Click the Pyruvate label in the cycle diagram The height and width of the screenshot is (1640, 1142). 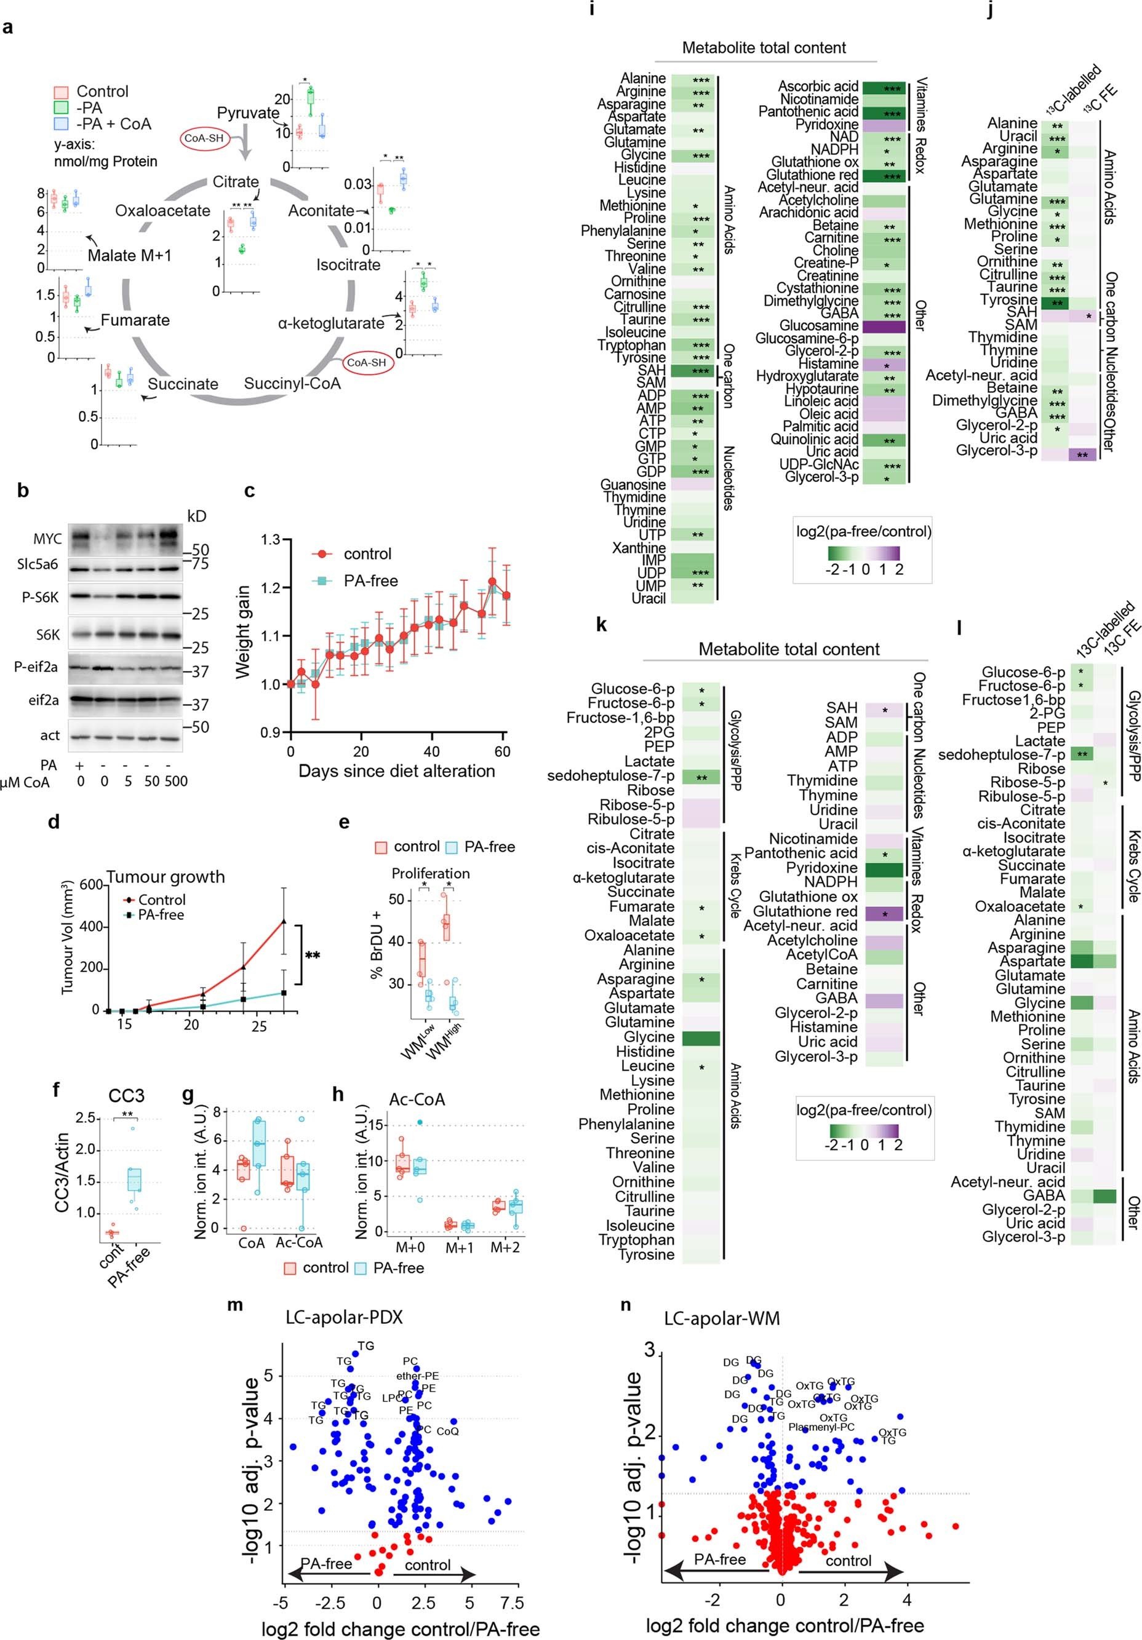(248, 113)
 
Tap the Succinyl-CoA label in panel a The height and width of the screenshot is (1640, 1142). (292, 384)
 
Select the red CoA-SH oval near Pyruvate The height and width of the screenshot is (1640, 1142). (205, 138)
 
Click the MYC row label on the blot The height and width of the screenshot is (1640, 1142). (47, 539)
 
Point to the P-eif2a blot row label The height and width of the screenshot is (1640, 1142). (36, 667)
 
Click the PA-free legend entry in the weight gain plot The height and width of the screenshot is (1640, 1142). (370, 580)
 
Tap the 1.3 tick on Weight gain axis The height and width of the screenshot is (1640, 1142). (270, 539)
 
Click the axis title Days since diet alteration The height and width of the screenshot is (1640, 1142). (397, 770)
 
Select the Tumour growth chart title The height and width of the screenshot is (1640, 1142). (166, 876)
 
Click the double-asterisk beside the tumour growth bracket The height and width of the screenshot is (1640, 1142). (313, 955)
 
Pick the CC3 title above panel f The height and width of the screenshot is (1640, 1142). (127, 1096)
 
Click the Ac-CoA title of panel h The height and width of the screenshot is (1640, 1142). (417, 1099)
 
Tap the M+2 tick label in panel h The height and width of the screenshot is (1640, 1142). (505, 1246)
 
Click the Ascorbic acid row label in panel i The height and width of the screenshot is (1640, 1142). (818, 87)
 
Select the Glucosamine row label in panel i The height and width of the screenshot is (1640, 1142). (819, 325)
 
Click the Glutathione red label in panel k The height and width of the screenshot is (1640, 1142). (805, 911)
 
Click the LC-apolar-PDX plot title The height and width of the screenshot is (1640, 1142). (344, 1317)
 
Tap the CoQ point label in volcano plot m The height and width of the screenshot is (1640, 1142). (447, 1431)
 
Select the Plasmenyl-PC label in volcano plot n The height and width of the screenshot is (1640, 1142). (821, 1427)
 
